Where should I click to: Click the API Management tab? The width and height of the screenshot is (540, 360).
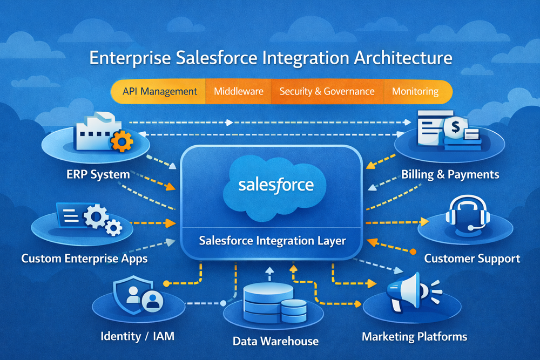pyautogui.click(x=159, y=91)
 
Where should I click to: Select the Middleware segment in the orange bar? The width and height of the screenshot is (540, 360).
pyautogui.click(x=238, y=91)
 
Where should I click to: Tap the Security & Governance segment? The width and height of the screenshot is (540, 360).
pyautogui.click(x=327, y=91)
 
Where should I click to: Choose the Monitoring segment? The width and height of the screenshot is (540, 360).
pyautogui.click(x=415, y=91)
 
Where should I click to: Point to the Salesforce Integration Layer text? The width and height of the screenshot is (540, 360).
pyautogui.click(x=272, y=241)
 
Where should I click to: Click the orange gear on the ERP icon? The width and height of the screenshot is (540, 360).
pyautogui.click(x=121, y=142)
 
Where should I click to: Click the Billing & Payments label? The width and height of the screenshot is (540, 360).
pyautogui.click(x=450, y=174)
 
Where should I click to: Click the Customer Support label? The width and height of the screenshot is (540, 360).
pyautogui.click(x=471, y=258)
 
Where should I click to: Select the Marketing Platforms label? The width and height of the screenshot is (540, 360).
pyautogui.click(x=414, y=337)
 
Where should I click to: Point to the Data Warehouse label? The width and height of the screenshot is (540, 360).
pyautogui.click(x=275, y=341)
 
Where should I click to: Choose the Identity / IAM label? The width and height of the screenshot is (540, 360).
pyautogui.click(x=137, y=337)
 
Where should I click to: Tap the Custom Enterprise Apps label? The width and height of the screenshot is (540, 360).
pyautogui.click(x=84, y=258)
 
